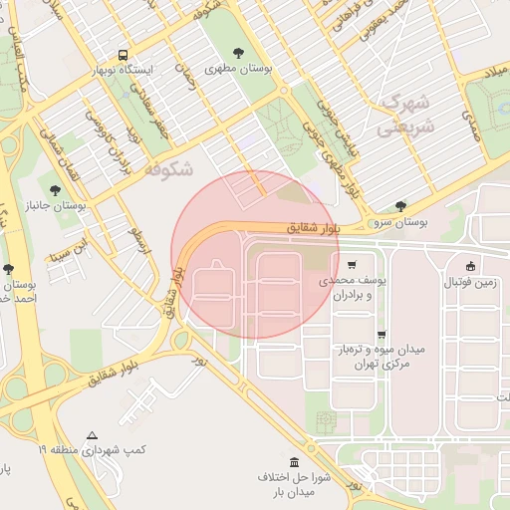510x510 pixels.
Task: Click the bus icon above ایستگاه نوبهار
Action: [x=123, y=55]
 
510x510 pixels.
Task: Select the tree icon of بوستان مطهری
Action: [x=237, y=54]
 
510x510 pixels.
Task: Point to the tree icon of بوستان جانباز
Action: [x=54, y=190]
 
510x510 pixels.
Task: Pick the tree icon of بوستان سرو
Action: [x=400, y=206]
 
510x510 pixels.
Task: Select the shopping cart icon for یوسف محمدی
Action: [x=352, y=265]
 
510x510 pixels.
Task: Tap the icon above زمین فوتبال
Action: [x=471, y=265]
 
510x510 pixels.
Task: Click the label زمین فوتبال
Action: [x=472, y=282]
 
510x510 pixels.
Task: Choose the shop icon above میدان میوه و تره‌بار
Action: [x=382, y=335]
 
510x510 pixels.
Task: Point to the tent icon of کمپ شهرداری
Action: [x=92, y=435]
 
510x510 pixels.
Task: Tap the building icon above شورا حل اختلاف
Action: [x=294, y=462]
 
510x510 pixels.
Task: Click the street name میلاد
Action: [x=495, y=75]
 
